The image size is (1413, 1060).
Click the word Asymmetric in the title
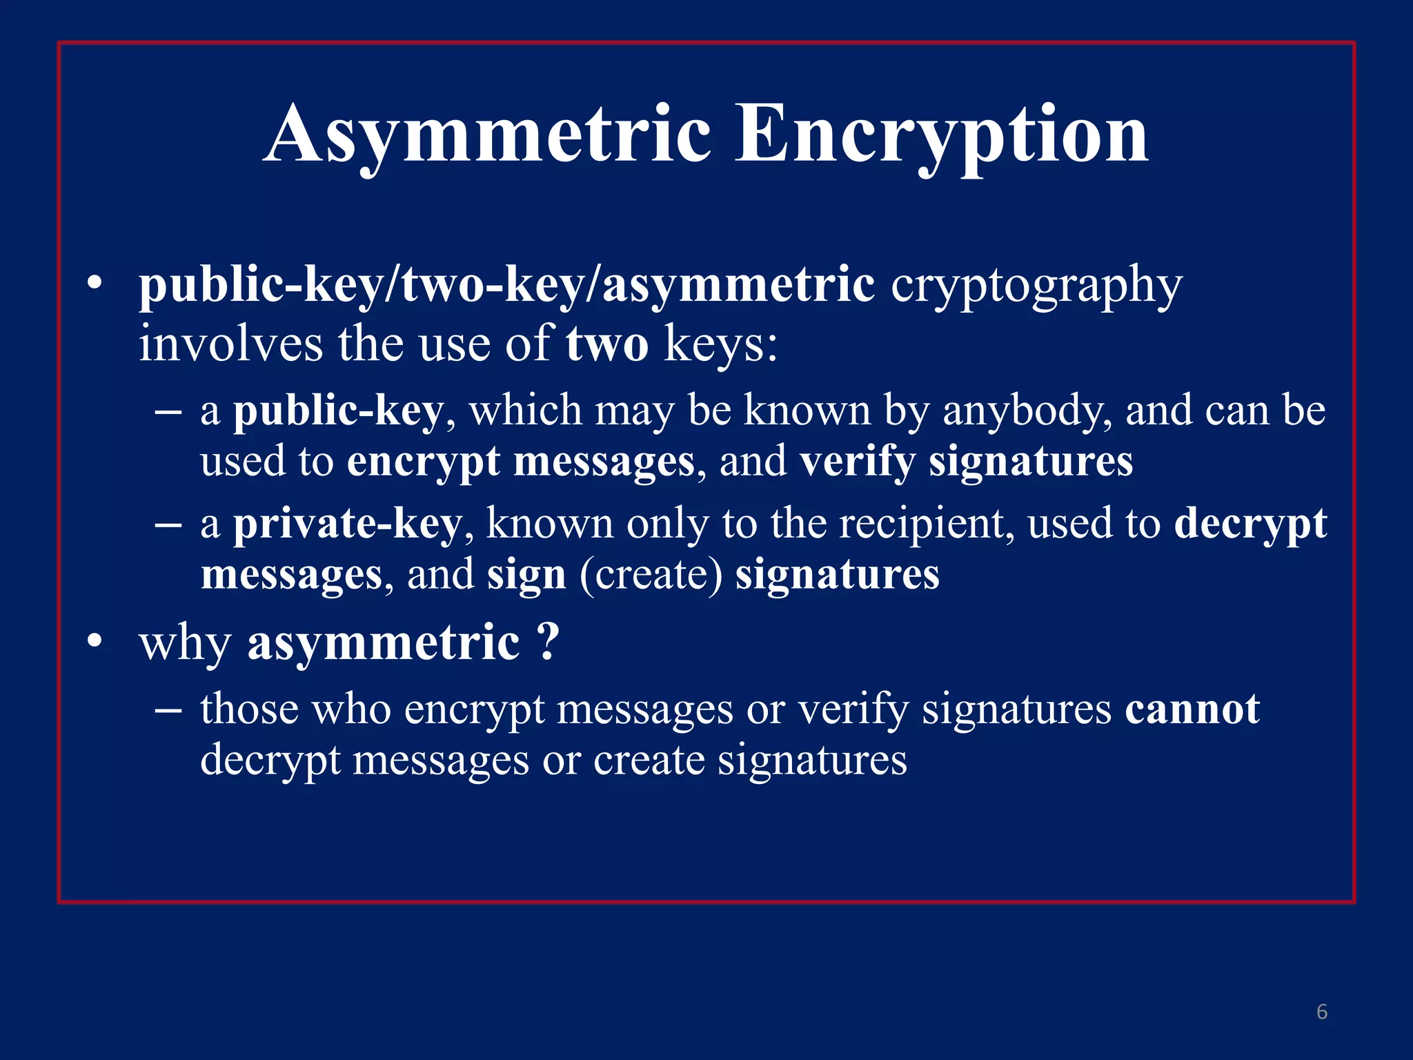487,134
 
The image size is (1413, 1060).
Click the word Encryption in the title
942,134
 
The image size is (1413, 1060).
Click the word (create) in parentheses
651,575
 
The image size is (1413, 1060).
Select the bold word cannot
1192,709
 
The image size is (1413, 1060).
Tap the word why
185,643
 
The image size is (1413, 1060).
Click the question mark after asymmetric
547,642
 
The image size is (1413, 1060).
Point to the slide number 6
1322,1012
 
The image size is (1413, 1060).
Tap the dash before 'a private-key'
168,525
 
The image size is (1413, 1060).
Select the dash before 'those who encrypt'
168,709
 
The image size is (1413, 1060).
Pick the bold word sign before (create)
526,575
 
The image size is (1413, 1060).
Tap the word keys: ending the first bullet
720,344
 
